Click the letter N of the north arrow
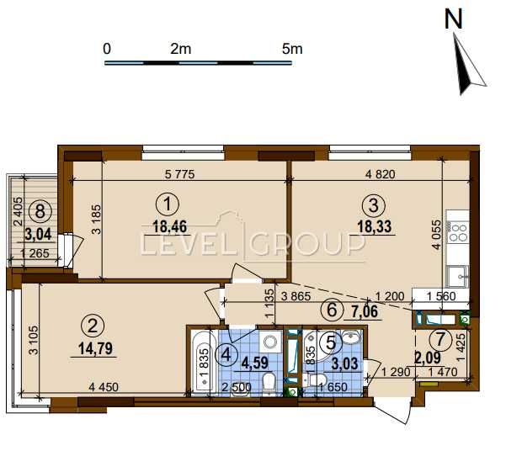[454, 19]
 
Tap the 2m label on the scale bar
[181, 49]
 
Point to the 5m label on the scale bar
[292, 49]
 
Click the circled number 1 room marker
[168, 204]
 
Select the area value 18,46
[170, 226]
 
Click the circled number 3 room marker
[373, 204]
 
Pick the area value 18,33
[375, 226]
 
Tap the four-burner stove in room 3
[458, 232]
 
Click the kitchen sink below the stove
[458, 277]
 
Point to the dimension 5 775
[179, 174]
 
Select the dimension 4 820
[381, 174]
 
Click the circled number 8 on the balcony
[40, 212]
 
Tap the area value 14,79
[95, 348]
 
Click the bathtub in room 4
[204, 362]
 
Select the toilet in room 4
[269, 383]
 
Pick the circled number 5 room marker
[330, 342]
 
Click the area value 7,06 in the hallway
[365, 311]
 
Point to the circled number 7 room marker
[439, 340]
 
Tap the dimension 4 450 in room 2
[104, 387]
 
